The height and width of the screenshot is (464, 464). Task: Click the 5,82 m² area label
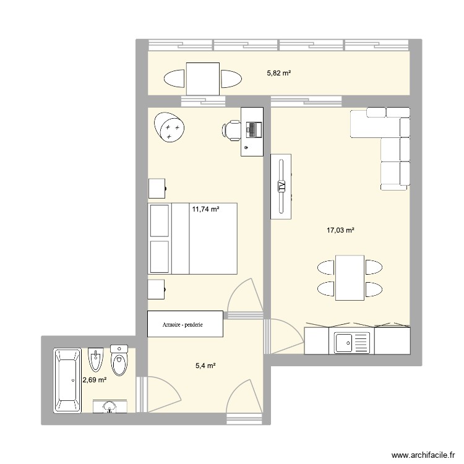278,73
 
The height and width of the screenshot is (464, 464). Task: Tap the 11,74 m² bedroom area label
205,209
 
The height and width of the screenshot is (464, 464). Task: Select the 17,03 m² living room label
340,231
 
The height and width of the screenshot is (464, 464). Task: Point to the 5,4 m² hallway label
205,366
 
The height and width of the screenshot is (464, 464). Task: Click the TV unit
281,186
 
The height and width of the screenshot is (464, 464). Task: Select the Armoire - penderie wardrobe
184,324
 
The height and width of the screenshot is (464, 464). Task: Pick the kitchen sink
351,341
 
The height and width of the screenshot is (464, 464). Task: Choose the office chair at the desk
231,129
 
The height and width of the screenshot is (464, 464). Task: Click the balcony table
203,79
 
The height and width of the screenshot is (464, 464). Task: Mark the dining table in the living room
349,278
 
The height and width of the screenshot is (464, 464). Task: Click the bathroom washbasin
110,406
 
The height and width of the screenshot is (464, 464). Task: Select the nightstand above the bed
157,189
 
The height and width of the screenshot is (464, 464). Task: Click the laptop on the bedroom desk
254,129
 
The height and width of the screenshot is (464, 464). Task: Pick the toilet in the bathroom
119,359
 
